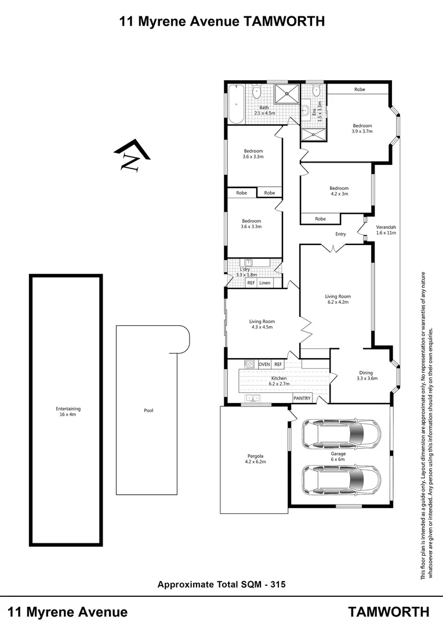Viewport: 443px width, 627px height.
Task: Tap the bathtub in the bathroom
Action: [x=236, y=105]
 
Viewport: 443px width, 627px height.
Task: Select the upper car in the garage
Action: [x=341, y=433]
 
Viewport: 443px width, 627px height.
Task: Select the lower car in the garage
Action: [x=341, y=478]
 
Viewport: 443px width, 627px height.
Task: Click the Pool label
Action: [x=148, y=410]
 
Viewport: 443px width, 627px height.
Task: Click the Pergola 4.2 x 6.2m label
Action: [x=254, y=459]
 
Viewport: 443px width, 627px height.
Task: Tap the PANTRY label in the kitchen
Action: [x=302, y=398]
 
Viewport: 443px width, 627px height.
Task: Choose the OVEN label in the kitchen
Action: [x=264, y=364]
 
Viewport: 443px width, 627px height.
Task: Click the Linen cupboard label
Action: [x=265, y=283]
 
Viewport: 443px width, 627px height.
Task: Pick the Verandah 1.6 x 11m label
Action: [x=386, y=229]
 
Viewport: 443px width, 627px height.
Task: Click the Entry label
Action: [x=340, y=235]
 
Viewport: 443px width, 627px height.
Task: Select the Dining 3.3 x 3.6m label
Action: [x=366, y=376]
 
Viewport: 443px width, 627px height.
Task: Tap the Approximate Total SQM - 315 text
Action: [x=221, y=585]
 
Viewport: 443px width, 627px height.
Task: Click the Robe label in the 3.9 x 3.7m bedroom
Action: [x=360, y=89]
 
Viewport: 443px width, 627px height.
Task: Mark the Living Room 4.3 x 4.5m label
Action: [x=262, y=324]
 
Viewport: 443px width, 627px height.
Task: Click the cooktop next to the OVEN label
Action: [x=250, y=364]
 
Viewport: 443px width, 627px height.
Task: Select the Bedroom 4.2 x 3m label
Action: [x=339, y=191]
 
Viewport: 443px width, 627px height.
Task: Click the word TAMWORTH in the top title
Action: [x=284, y=21]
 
